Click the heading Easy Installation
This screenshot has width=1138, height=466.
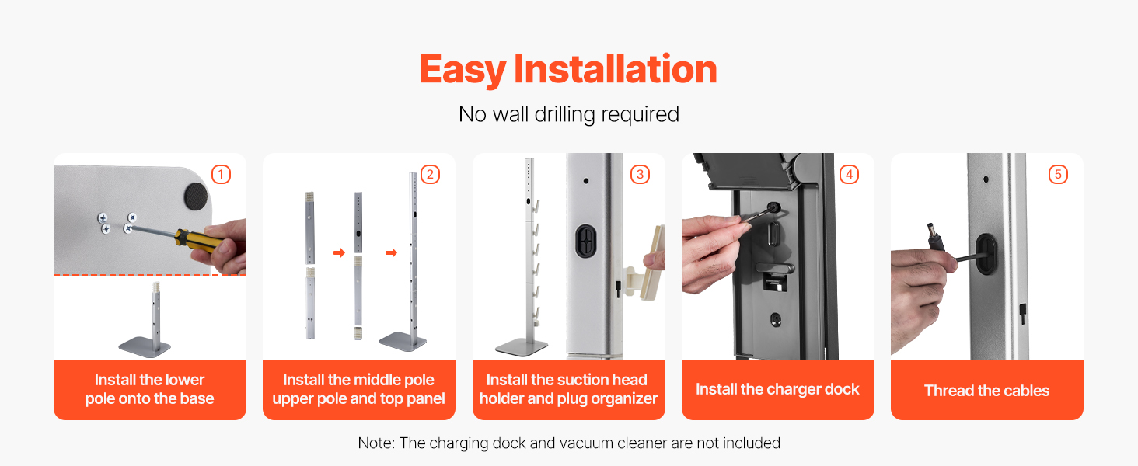(x=568, y=70)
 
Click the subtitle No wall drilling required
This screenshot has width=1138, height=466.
(x=568, y=114)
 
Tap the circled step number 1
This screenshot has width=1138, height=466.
(x=221, y=175)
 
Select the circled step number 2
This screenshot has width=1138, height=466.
(x=431, y=175)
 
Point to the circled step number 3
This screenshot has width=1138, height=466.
(x=641, y=175)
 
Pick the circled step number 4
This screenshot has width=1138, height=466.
(x=849, y=175)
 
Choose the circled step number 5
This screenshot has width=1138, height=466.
(x=1058, y=175)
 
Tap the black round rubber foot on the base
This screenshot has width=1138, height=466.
(x=196, y=196)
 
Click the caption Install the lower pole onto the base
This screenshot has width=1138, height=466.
(x=150, y=389)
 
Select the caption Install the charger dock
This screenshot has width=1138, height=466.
(x=777, y=389)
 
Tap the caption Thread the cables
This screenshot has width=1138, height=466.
(x=986, y=391)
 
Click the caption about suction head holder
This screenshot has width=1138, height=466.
(x=568, y=389)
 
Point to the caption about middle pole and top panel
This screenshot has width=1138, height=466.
(x=358, y=389)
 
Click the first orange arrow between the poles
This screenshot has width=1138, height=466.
(x=340, y=252)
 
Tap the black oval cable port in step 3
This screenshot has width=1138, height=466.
(x=586, y=241)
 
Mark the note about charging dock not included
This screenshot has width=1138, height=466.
(x=569, y=443)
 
